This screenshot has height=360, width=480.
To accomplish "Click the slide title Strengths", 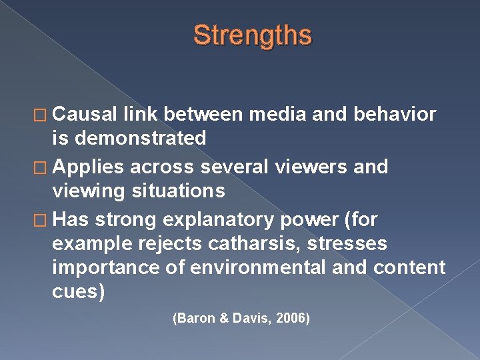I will [252, 35].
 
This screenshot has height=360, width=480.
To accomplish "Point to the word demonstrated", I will [141, 139].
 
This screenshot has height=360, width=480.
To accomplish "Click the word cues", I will [78, 292].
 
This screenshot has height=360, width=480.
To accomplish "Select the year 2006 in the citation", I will [291, 319].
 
